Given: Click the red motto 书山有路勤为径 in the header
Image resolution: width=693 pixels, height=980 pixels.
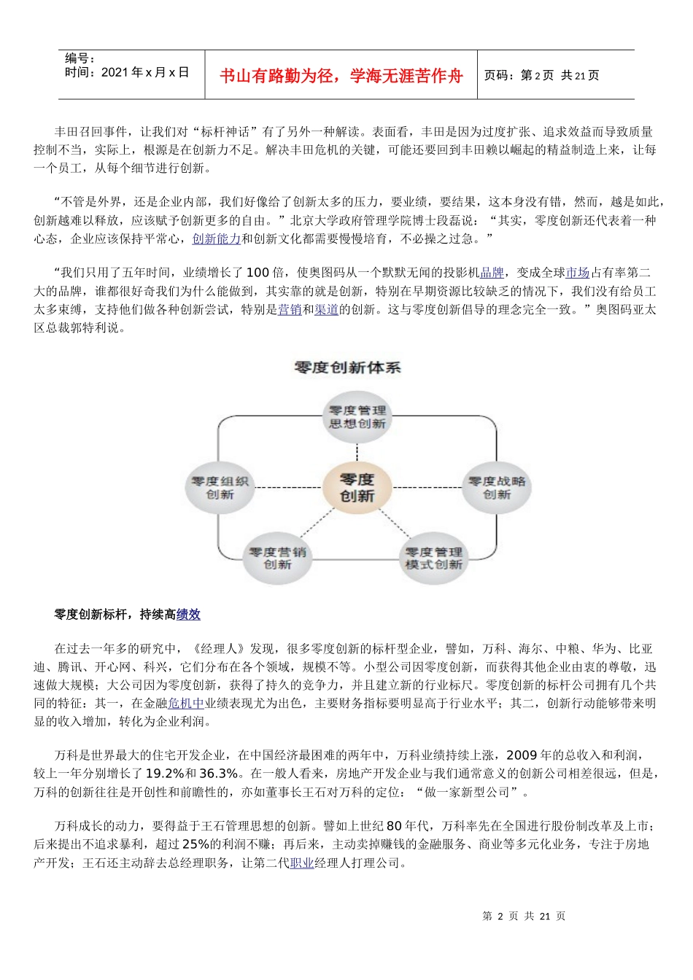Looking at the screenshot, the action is (x=341, y=76).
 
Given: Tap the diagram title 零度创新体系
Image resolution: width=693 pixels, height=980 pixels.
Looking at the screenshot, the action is (x=347, y=367).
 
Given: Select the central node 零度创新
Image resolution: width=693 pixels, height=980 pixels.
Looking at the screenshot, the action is (x=357, y=488).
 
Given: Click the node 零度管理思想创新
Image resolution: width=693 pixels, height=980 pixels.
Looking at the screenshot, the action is (x=357, y=417).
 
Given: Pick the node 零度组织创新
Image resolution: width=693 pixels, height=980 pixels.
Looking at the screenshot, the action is (x=220, y=488).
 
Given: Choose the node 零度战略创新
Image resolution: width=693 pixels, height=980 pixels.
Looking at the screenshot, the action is (x=496, y=488).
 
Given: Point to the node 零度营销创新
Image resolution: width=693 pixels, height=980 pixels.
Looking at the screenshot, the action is (x=277, y=558).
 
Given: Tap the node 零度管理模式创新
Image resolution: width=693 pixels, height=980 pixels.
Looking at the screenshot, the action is (x=433, y=558).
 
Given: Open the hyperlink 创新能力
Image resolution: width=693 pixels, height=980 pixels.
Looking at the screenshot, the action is (x=217, y=238).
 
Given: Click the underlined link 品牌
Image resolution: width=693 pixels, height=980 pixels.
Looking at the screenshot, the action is (x=492, y=273).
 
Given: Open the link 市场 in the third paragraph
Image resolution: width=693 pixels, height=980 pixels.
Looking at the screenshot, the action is (x=577, y=273).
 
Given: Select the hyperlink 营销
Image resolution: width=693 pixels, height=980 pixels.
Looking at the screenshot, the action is (x=290, y=310).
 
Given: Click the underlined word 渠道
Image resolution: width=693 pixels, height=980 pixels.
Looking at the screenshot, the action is (x=327, y=310).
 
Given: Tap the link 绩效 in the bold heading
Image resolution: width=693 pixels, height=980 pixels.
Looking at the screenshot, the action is (x=188, y=615).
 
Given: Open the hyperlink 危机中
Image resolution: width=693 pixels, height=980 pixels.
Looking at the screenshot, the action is (x=186, y=704).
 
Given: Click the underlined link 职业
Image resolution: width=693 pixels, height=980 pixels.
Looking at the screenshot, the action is (x=302, y=863).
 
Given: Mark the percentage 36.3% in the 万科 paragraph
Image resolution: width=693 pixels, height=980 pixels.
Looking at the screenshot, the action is (x=218, y=774).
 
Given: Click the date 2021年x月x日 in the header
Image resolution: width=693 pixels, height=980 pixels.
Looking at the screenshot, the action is (x=145, y=72).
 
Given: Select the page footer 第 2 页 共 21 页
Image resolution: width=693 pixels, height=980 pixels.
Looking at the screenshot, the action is (x=524, y=916).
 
